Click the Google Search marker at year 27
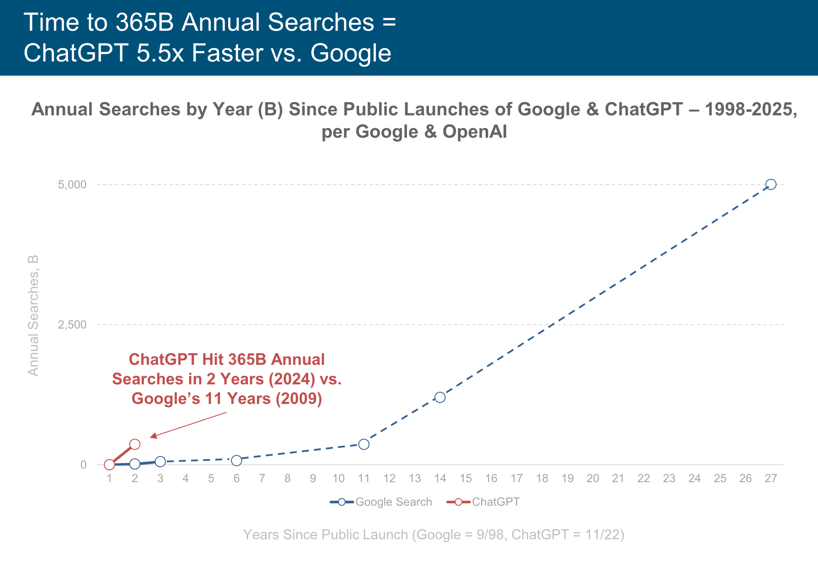click(x=771, y=184)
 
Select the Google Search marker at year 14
click(x=440, y=397)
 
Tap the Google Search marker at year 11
click(x=364, y=444)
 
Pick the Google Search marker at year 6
click(x=237, y=460)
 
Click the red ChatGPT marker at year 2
click(x=135, y=444)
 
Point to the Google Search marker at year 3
click(x=160, y=461)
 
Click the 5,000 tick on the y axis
click(x=72, y=185)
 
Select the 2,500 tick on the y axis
click(x=72, y=325)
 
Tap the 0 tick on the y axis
click(x=83, y=465)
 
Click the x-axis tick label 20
click(x=593, y=479)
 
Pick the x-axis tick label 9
click(x=313, y=479)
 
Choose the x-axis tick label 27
click(x=771, y=479)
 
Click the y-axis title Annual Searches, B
click(x=34, y=315)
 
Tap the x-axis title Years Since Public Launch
click(x=433, y=534)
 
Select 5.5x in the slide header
click(x=160, y=53)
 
